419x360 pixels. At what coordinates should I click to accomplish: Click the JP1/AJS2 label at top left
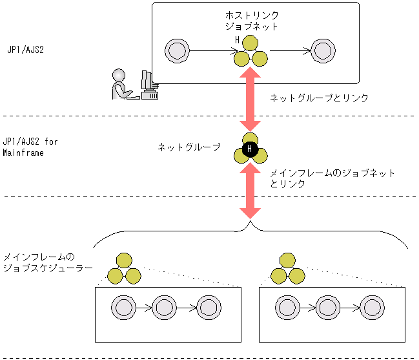[25, 49]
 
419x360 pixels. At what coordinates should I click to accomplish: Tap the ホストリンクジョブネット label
[251, 21]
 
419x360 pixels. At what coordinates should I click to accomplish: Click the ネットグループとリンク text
[319, 98]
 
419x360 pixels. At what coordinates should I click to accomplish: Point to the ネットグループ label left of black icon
[189, 147]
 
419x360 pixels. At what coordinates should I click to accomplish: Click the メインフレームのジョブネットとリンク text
[331, 178]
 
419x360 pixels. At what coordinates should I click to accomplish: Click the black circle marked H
[250, 151]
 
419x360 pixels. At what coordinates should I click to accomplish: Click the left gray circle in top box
[176, 50]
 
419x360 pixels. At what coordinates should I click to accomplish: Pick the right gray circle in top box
[323, 50]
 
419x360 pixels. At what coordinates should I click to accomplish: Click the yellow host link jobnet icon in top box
[250, 53]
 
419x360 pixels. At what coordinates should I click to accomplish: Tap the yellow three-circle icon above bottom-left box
[124, 269]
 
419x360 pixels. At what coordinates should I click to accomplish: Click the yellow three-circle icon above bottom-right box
[287, 269]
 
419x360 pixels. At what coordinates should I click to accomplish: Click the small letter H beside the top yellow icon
[237, 41]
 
